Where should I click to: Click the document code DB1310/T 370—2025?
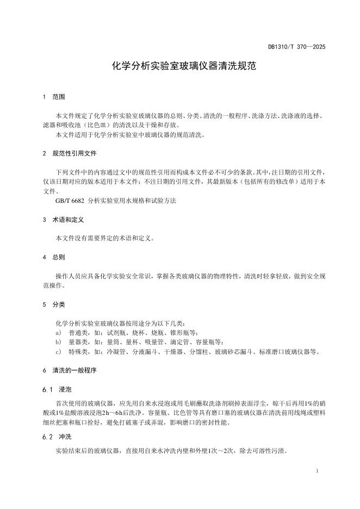coord(296,47)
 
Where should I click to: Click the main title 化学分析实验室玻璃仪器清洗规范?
coord(180,67)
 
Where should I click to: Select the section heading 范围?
coord(59,97)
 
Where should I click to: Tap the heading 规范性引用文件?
coord(75,154)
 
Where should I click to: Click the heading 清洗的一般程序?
coord(75,370)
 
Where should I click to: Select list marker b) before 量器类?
coord(58,342)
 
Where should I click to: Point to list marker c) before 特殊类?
coord(58,352)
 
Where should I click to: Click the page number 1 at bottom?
coord(317,471)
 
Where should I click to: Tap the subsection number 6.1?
coord(46,390)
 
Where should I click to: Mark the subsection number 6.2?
coord(46,437)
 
